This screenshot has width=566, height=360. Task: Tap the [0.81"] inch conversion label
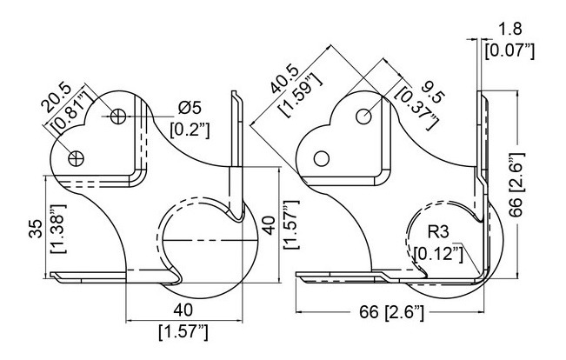pos(71,110)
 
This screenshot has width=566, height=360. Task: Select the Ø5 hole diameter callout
pos(190,108)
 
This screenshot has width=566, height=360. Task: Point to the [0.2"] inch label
pos(190,130)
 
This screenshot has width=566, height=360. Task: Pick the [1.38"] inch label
pos(57,229)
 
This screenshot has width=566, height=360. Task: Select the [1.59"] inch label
pos(300,94)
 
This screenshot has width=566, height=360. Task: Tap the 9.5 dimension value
pos(432,90)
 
